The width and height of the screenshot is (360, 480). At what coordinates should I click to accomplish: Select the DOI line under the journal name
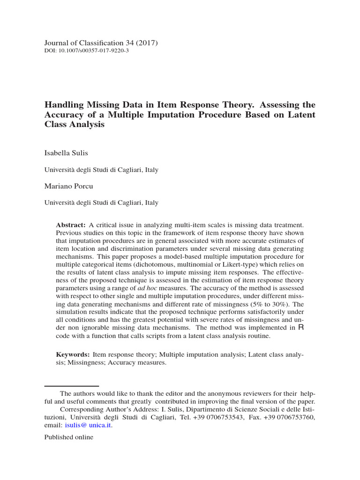pyautogui.click(x=86, y=51)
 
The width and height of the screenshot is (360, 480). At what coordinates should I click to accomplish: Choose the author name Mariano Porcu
pyautogui.click(x=69, y=186)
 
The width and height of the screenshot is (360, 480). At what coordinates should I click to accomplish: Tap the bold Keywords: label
pyautogui.click(x=73, y=354)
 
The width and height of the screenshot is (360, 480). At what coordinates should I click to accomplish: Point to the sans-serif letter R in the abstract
pyautogui.click(x=301, y=327)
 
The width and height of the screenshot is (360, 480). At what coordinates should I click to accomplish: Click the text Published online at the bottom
pyautogui.click(x=69, y=437)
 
